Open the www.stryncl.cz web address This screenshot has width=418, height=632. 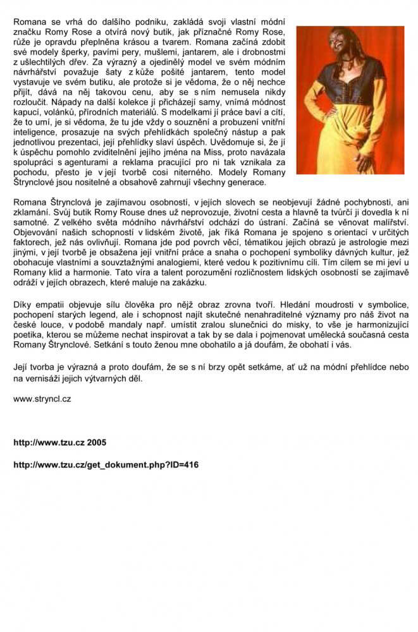[x=42, y=399]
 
